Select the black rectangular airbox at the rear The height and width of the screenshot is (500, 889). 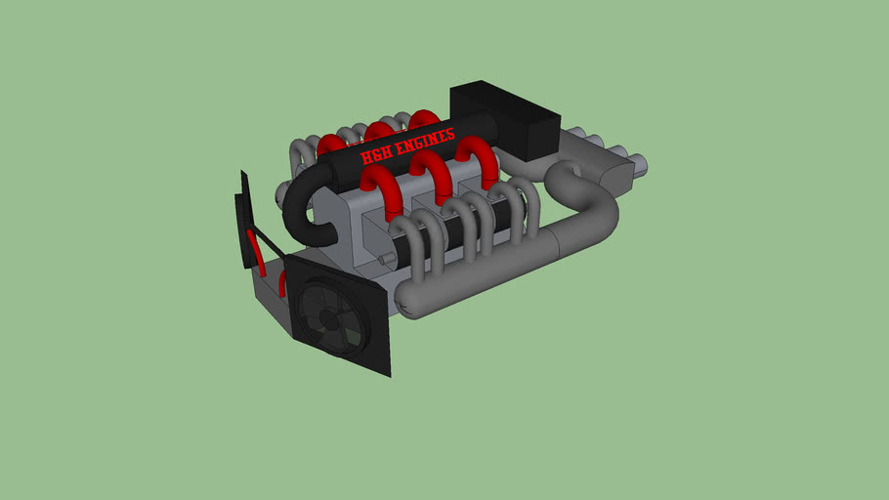pos(506,119)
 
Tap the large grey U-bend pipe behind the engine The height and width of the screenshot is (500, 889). pos(590,205)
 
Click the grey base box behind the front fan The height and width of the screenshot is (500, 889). pos(270,293)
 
